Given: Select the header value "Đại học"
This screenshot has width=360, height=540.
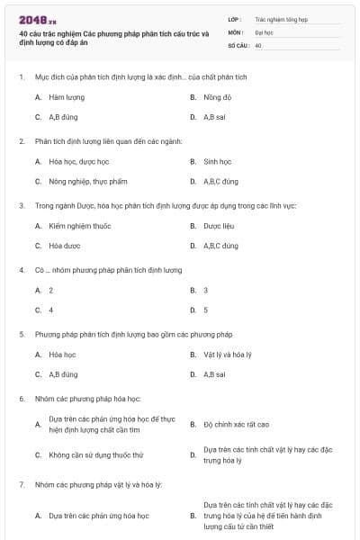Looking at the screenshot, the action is coord(265,31).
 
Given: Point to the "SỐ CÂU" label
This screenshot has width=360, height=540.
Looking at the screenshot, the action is coord(238,44).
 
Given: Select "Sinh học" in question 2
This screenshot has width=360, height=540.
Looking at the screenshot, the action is coord(217,162).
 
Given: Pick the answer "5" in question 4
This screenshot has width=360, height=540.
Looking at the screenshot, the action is coord(205,310).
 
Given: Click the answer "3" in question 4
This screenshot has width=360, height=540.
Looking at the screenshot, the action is coord(205,290).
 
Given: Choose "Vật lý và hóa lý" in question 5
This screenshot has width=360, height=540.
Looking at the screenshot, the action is coord(229,355).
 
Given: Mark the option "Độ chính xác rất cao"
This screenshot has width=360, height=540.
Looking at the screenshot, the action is coord(236,424).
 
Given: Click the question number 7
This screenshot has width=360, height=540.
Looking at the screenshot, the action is coord(21,485).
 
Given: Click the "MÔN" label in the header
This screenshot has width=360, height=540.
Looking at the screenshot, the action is coord(235,31).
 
